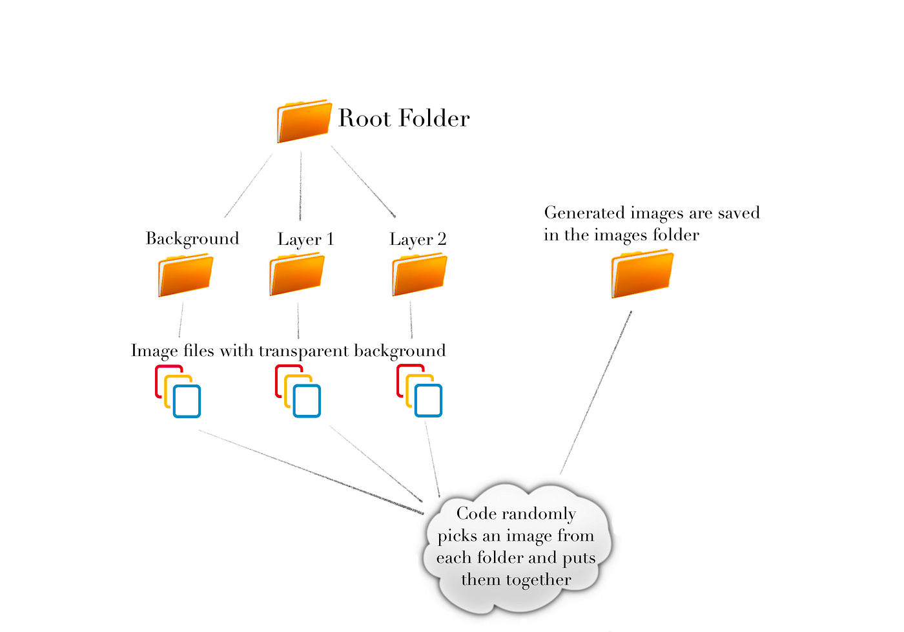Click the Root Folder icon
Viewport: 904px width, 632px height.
303,121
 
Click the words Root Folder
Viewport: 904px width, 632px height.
404,118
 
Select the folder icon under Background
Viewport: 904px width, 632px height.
185,275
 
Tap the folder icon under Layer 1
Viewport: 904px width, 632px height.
296,275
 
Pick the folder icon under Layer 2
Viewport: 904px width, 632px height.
419,275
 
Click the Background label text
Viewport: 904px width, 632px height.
192,239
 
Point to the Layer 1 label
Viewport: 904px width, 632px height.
305,239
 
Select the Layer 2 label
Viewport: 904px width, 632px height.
418,239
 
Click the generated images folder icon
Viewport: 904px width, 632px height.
642,275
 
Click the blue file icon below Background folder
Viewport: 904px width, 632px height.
187,401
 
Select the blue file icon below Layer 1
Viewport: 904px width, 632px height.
307,401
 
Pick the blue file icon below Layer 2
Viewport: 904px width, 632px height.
428,401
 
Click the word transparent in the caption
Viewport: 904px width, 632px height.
303,351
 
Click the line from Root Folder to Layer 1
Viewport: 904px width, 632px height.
300,187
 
